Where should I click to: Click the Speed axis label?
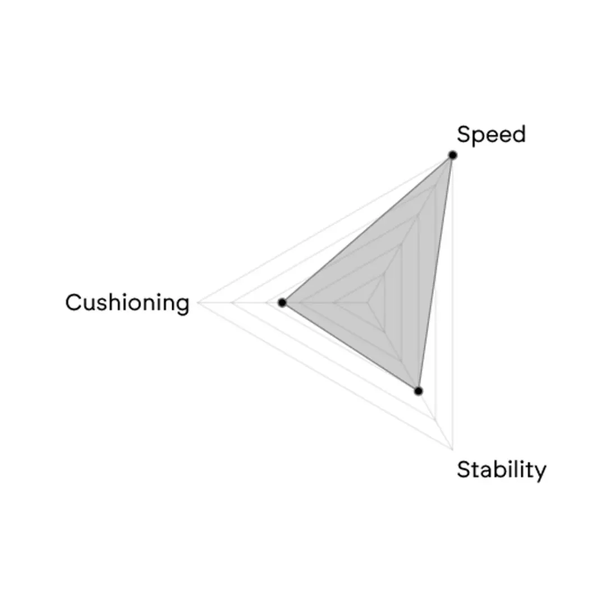491,135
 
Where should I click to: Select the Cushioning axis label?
127,302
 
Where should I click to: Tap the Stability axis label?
501,470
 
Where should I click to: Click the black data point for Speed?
453,155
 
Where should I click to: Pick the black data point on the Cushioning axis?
282,302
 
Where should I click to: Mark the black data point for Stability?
418,391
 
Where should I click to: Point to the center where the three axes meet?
368,302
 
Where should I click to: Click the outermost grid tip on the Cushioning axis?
198,302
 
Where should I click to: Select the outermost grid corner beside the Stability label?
453,449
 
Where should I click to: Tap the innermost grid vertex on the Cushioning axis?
334,302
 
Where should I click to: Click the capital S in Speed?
463,134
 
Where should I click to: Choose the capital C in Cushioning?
74,302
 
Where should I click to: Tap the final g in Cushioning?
182,306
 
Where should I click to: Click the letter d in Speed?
518,134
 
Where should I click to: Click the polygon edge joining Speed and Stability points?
435,273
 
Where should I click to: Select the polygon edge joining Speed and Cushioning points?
368,229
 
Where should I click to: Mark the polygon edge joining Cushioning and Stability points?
350,347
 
